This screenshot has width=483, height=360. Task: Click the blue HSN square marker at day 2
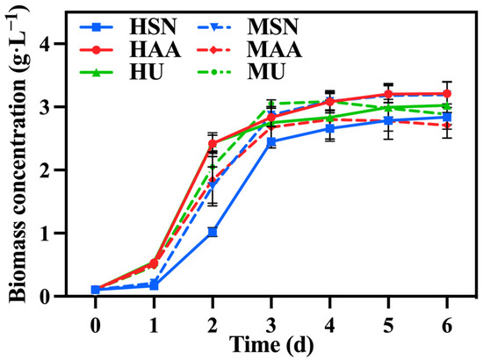(x=213, y=232)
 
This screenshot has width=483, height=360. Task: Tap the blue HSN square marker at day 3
(x=271, y=141)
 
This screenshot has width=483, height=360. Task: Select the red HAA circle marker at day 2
(x=213, y=143)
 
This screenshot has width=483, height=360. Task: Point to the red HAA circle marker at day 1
(x=154, y=263)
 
